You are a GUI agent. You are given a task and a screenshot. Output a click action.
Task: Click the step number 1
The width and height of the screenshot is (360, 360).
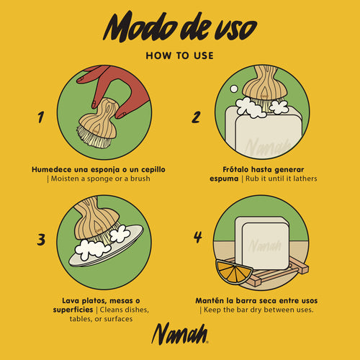click(x=41, y=117)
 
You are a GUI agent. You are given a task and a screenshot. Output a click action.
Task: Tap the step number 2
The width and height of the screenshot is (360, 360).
click(x=196, y=117)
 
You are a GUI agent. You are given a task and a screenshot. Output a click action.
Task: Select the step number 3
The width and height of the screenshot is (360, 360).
click(x=41, y=239)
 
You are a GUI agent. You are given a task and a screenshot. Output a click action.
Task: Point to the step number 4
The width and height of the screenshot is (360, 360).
click(x=198, y=237)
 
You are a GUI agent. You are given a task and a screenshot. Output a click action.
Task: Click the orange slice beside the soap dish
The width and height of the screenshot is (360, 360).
click(x=233, y=271)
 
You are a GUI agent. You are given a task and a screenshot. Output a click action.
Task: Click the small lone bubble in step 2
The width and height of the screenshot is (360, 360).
click(x=234, y=89)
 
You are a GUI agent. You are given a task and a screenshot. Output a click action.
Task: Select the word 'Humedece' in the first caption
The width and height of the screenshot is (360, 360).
click(x=52, y=169)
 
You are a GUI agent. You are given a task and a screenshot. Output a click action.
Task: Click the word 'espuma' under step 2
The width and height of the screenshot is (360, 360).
click(x=224, y=179)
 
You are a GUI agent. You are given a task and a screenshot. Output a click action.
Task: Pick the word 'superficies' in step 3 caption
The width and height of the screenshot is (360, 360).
click(x=73, y=310)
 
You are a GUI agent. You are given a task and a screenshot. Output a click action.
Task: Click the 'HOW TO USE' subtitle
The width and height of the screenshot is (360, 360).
click(x=180, y=55)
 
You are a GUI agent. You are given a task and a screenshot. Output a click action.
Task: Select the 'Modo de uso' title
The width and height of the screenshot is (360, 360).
click(x=180, y=27)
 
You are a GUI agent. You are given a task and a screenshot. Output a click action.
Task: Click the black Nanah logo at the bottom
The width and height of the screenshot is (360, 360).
click(x=180, y=333)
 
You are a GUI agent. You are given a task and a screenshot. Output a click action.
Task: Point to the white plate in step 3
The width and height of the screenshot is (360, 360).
click(x=106, y=247)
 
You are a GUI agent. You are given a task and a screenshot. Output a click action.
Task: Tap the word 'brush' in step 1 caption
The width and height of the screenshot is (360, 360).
click(x=140, y=179)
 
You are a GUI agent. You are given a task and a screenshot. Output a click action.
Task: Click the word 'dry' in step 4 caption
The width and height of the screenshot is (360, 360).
click(x=256, y=310)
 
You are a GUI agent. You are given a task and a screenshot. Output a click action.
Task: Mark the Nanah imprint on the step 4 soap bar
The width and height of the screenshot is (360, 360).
click(x=265, y=246)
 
